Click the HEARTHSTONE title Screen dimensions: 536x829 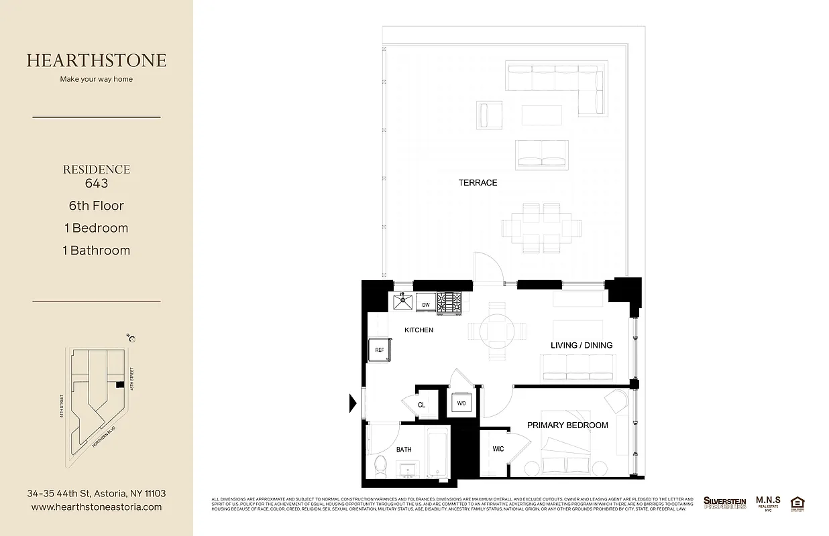pyautogui.click(x=97, y=60)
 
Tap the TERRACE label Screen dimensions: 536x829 pyautogui.click(x=478, y=183)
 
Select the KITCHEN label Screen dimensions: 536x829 pyautogui.click(x=419, y=330)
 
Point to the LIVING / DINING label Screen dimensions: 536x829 pyautogui.click(x=582, y=346)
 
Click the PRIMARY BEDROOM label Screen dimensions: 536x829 pyautogui.click(x=567, y=425)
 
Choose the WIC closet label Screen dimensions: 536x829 pyautogui.click(x=498, y=450)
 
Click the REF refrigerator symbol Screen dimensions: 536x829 pyautogui.click(x=379, y=350)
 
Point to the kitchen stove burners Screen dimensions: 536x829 pyautogui.click(x=450, y=303)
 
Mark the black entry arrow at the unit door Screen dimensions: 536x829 pyautogui.click(x=352, y=403)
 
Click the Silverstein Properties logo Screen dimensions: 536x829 pyautogui.click(x=724, y=503)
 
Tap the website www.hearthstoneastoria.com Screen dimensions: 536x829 pyautogui.click(x=97, y=507)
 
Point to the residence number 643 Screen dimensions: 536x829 pyautogui.click(x=97, y=183)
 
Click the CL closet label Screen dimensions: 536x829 pyautogui.click(x=421, y=405)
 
